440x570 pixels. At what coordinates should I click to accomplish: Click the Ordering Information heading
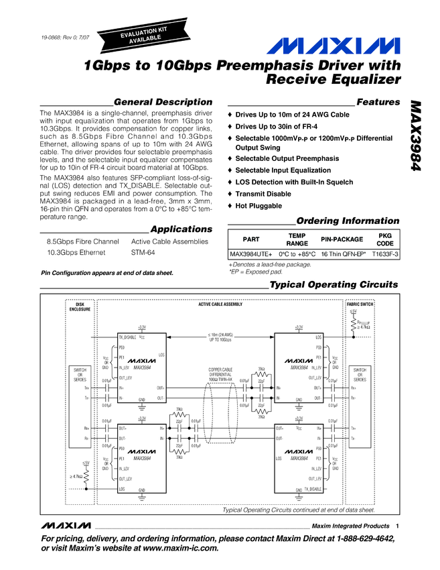[347, 221]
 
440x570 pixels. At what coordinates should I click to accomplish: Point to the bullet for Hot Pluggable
[231, 206]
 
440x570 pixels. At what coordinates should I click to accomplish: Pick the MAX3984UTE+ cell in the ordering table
[251, 255]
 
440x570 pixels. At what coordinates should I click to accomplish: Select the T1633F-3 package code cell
[385, 255]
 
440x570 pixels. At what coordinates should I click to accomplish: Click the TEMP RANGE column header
[297, 239]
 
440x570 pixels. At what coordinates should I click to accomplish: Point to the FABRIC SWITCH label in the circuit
[360, 304]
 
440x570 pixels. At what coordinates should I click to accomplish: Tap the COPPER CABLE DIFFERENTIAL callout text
[220, 374]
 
